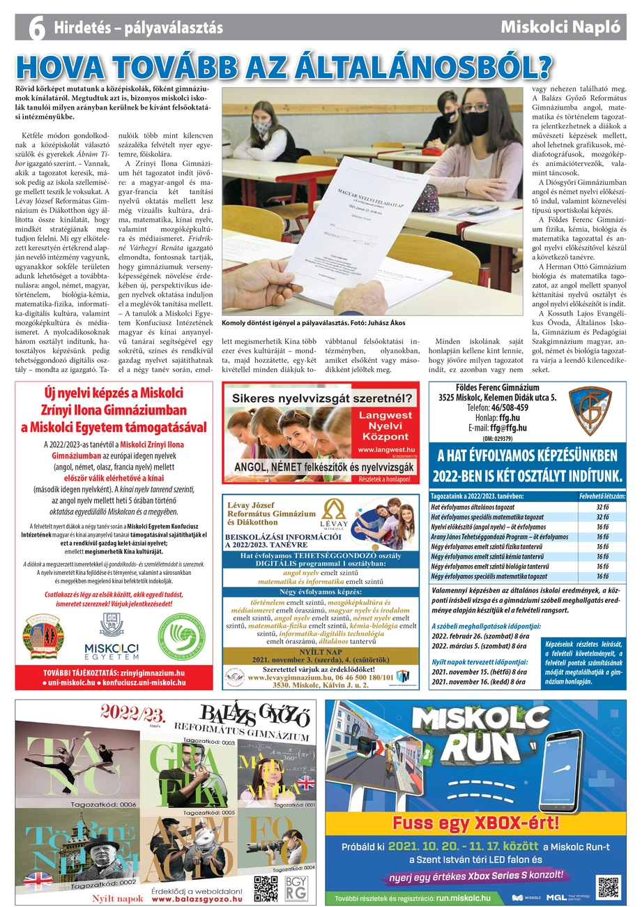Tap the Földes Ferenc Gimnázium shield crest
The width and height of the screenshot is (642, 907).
point(589,411)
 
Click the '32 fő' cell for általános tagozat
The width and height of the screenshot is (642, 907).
point(602,507)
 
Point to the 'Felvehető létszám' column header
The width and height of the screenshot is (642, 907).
point(602,496)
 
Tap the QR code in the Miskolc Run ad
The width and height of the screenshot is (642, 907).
point(608,887)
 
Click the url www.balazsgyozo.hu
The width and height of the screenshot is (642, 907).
point(197,899)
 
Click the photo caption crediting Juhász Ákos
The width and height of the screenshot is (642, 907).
point(313,324)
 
